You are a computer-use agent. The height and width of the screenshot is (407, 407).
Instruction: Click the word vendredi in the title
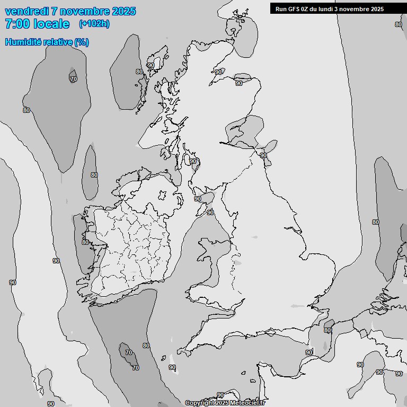click(26, 11)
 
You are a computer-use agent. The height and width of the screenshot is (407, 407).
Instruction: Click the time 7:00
click(17, 24)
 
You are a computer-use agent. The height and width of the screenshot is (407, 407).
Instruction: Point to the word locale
click(51, 24)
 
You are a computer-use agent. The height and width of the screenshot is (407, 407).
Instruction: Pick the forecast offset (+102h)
click(94, 23)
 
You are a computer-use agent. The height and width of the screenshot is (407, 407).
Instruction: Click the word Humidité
click(22, 42)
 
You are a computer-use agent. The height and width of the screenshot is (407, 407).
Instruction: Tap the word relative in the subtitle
click(57, 42)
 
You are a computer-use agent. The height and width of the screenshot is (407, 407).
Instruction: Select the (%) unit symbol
click(82, 42)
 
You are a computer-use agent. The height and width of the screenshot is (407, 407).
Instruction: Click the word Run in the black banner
click(280, 8)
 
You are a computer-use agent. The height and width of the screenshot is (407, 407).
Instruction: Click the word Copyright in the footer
click(199, 403)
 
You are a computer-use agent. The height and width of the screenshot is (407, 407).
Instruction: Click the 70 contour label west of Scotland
click(73, 79)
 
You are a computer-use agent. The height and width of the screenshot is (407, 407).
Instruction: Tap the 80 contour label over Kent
click(328, 330)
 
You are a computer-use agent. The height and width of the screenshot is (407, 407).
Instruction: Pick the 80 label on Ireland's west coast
click(85, 242)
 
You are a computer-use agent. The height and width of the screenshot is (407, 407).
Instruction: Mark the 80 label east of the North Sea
click(376, 222)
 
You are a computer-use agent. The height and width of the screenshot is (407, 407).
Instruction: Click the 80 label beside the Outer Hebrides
click(139, 72)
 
